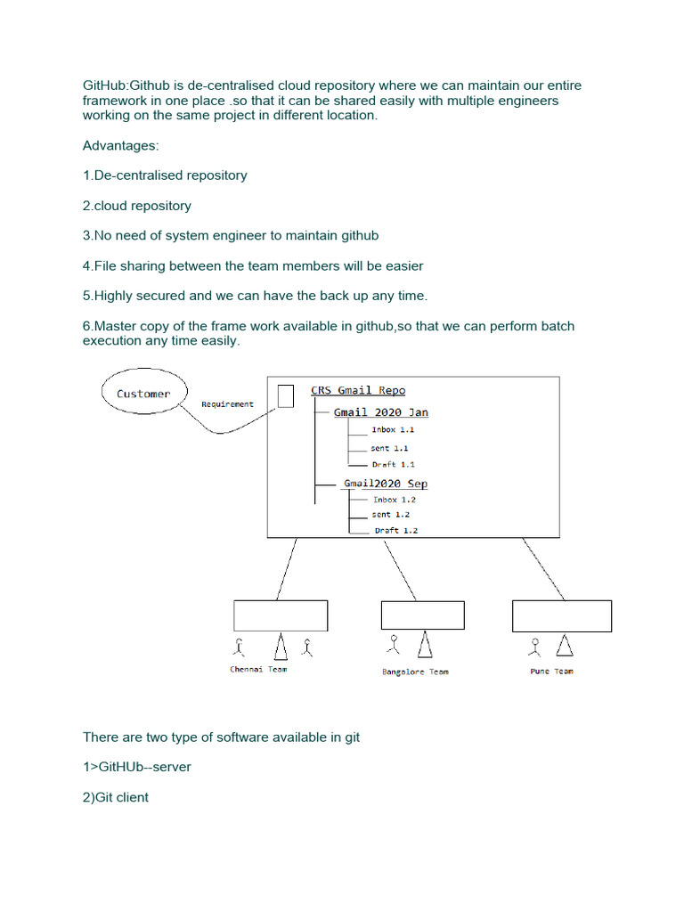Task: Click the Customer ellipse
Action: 142,393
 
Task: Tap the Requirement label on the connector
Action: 227,404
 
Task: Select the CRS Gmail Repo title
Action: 358,390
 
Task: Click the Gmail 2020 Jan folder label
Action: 380,412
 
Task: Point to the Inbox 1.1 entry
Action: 393,429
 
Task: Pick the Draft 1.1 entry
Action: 393,464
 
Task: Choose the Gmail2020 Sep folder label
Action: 386,484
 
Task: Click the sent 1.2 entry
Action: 391,515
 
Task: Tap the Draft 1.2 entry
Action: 395,531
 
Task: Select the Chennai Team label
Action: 258,670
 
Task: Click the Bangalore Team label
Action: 415,672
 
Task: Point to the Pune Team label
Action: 551,672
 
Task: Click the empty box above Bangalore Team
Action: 422,615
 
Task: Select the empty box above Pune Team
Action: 561,615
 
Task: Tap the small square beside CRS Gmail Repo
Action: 286,396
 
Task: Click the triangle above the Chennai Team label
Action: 281,646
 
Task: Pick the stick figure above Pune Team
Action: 536,645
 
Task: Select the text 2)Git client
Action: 116,797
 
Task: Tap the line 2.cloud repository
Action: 137,206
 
